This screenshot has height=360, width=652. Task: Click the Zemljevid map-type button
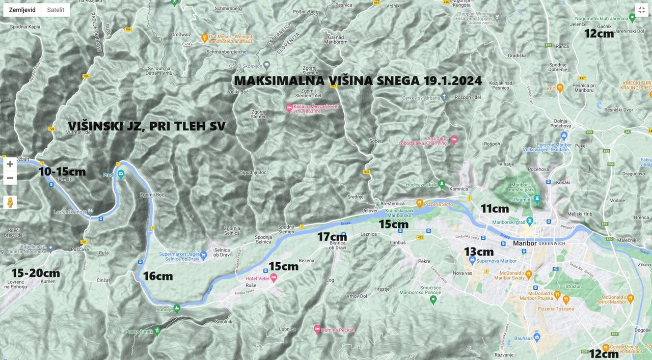pos(22,10)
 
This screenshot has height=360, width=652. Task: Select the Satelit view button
pos(56,10)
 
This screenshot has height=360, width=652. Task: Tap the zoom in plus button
pos(10,164)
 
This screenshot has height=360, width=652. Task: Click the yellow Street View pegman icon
pos(10,202)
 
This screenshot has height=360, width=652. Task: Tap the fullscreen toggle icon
pos(641,10)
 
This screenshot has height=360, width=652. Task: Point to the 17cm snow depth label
pos(332,237)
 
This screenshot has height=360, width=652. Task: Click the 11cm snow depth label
pos(495,208)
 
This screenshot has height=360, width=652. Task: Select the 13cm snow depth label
pos(478,252)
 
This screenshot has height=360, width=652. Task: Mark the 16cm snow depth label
pos(157,276)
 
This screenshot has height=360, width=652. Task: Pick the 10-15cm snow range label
pos(62,172)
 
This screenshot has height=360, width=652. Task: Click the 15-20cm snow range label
pos(36,273)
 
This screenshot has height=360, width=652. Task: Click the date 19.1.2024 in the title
pos(452,81)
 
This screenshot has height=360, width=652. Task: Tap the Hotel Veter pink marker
pos(274,278)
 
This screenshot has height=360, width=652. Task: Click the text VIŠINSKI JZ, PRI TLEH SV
pos(147,126)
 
